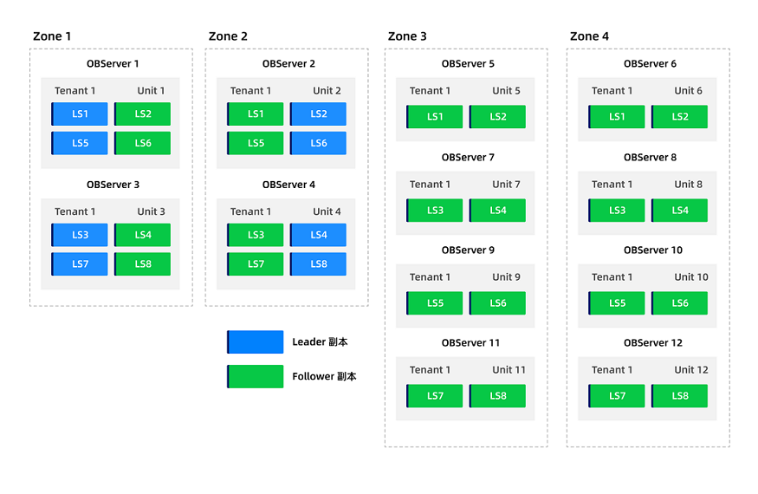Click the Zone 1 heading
coord(52,36)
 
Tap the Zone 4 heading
coord(589,36)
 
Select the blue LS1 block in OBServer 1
coord(80,114)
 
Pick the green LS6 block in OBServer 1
coord(143,143)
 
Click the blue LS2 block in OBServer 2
coord(318,114)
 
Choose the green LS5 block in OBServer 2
coord(256,143)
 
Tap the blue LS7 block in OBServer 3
coord(80,264)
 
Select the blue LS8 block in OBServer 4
coord(318,264)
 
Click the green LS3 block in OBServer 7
coord(435,211)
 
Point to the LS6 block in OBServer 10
coord(680,303)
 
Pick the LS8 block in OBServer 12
coord(680,396)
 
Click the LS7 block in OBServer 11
coord(435,396)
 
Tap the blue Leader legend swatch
coord(256,342)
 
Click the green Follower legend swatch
coord(256,376)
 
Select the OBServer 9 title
coord(468,250)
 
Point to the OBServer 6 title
coord(651,64)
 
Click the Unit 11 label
coord(509,370)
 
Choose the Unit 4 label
coord(327,212)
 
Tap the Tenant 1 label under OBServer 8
coord(612,185)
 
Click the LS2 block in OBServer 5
coord(497,117)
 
